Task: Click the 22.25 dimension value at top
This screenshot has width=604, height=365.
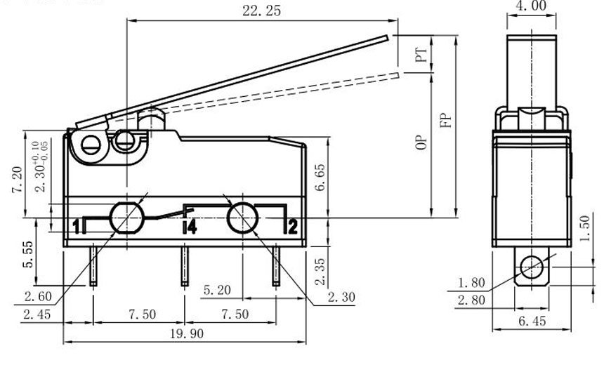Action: coord(261,11)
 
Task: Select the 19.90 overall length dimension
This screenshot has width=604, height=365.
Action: coord(187,333)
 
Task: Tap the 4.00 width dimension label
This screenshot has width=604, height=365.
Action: coord(530,6)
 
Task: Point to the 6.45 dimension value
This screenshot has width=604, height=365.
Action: coord(532,321)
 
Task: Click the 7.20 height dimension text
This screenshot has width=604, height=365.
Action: coord(18,180)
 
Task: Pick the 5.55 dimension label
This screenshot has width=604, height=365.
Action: coord(29,255)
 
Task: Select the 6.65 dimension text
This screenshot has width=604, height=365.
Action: coord(320,177)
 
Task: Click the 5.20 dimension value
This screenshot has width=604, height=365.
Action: coord(217,290)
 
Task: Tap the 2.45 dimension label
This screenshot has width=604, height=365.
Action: coord(37,314)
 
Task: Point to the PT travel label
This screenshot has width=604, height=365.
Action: coord(422,55)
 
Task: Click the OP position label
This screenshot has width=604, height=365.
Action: coord(422,142)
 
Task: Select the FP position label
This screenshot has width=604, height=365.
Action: coord(446,120)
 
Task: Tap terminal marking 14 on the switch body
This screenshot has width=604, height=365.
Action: coord(190,227)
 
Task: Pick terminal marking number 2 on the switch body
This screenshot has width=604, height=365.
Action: coord(293,227)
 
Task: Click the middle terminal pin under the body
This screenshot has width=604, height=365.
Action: coord(185,266)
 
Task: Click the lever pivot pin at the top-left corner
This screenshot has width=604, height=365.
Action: coord(91,145)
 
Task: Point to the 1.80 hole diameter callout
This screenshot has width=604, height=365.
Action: coord(471,283)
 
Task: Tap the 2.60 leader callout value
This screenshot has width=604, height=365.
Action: coord(38,296)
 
